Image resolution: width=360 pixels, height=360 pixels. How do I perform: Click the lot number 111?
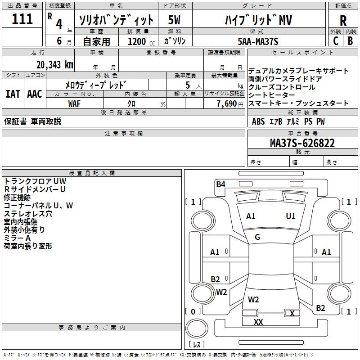coord(22,19)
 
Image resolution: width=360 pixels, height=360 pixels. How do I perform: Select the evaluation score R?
coord(343,21)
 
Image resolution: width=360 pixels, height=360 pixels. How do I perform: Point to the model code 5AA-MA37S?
coord(258,41)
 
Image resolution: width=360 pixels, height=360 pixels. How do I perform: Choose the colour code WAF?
coord(75,103)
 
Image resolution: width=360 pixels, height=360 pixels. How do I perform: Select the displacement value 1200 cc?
coord(140,41)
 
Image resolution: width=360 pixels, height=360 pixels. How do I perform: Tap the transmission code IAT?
coord(13,94)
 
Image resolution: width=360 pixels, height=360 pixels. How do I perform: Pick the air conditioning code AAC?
coord(35,94)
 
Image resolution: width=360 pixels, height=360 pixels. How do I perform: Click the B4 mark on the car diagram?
coord(220,184)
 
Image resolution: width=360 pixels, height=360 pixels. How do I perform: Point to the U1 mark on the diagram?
coord(291,216)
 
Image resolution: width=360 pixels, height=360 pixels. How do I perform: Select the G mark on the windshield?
coord(257,237)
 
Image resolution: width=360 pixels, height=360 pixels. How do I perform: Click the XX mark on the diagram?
coord(258,322)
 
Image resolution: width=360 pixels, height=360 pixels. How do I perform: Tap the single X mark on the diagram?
coord(292,313)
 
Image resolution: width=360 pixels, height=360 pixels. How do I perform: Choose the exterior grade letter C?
coord(335,41)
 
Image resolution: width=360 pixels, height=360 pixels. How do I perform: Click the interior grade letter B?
coord(350,41)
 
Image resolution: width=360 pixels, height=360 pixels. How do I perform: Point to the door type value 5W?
coord(174,20)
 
